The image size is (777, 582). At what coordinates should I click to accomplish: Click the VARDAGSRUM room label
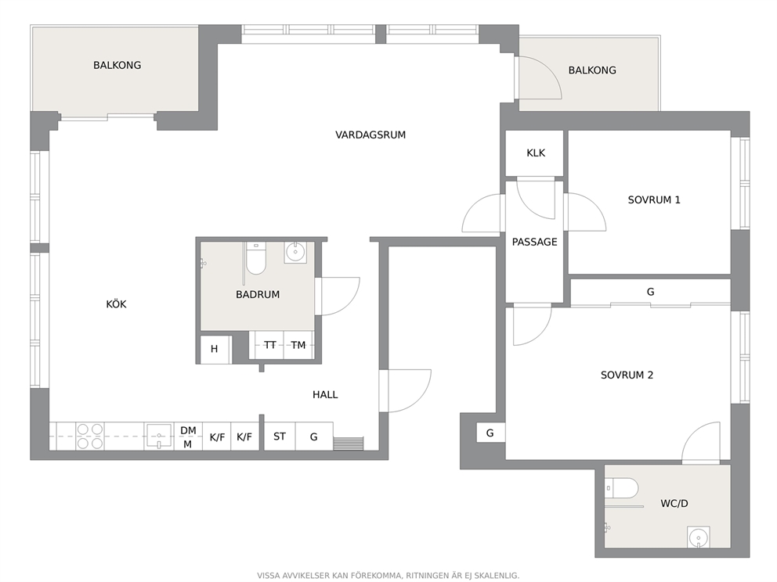pyautogui.click(x=370, y=135)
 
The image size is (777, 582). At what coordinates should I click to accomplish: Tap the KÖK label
pyautogui.click(x=116, y=304)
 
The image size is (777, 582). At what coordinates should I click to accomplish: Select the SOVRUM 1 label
pyautogui.click(x=654, y=200)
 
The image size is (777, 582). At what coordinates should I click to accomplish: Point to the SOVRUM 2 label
pyautogui.click(x=627, y=375)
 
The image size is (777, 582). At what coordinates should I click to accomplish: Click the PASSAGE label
pyautogui.click(x=534, y=242)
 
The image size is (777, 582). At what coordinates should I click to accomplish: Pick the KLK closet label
pyautogui.click(x=536, y=153)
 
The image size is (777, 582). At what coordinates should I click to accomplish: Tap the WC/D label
pyautogui.click(x=674, y=504)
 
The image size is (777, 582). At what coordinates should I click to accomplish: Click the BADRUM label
pyautogui.click(x=258, y=294)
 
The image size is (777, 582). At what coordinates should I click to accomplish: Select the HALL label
pyautogui.click(x=325, y=394)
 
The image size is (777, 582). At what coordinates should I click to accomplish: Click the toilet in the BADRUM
pyautogui.click(x=255, y=258)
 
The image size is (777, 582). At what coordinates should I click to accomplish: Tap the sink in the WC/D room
pyautogui.click(x=698, y=537)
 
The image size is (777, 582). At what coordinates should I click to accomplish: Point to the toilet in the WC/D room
pyautogui.click(x=624, y=488)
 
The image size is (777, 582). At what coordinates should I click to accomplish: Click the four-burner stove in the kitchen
pyautogui.click(x=90, y=436)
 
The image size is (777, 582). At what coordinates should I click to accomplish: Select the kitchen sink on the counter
pyautogui.click(x=158, y=436)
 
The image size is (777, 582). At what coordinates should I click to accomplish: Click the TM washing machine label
pyautogui.click(x=298, y=345)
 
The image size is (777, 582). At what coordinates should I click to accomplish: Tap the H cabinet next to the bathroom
pyautogui.click(x=215, y=350)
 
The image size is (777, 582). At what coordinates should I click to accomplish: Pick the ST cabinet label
pyautogui.click(x=280, y=436)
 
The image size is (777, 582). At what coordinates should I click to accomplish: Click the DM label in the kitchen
pyautogui.click(x=188, y=430)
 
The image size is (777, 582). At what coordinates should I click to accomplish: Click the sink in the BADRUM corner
pyautogui.click(x=296, y=253)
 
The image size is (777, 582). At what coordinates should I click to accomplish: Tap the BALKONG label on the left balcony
pyautogui.click(x=117, y=66)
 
